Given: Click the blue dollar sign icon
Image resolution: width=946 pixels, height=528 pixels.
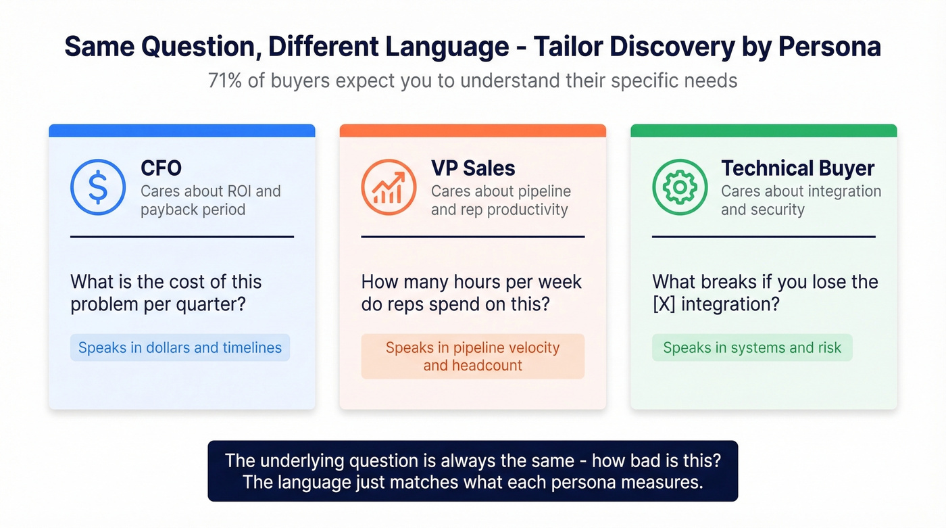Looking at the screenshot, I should coord(98,187).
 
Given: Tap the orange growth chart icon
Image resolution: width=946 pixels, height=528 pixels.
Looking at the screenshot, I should coord(389,187).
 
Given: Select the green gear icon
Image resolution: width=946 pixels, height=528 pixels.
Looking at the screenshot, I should coord(679,187).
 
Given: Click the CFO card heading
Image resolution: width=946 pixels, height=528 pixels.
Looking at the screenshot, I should coord(161,168).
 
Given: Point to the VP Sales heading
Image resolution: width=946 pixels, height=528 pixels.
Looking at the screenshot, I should coord(473,168).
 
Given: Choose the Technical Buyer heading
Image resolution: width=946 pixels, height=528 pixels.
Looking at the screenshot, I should coord(797,168).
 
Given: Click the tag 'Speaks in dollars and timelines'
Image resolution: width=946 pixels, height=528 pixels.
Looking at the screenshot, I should coord(180,347).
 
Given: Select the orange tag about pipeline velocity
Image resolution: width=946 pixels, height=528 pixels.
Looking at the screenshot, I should coord(472,356).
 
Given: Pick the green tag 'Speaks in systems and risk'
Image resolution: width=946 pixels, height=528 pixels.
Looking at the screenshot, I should coord(752,347).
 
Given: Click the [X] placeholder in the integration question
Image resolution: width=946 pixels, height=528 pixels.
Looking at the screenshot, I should coord(664,304).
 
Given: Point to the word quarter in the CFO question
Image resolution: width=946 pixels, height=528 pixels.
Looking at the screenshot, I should coord(210,304).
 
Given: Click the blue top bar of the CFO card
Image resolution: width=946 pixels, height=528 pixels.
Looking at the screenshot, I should coord(182,130).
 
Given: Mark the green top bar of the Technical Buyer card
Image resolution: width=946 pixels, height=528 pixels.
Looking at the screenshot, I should coord(764,130).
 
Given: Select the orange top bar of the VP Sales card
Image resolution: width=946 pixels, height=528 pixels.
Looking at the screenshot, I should coord(472,130).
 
